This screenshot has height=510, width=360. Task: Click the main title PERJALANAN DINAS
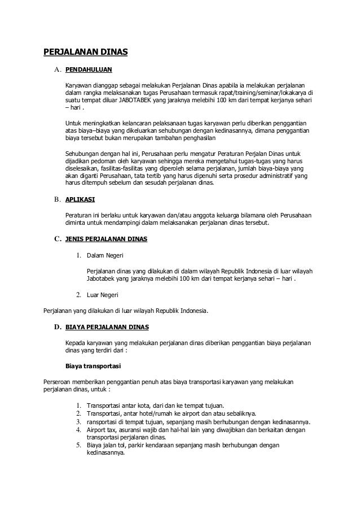[86, 54]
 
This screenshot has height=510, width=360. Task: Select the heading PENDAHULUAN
[89, 71]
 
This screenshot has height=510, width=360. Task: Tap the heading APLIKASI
[80, 200]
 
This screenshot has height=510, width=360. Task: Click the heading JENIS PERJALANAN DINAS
[107, 239]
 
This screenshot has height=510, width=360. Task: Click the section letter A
[57, 71]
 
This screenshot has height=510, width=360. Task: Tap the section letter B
[57, 200]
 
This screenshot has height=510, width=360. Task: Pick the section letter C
[57, 239]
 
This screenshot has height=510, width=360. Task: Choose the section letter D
[57, 326]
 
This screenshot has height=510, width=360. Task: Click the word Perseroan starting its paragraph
[60, 382]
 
